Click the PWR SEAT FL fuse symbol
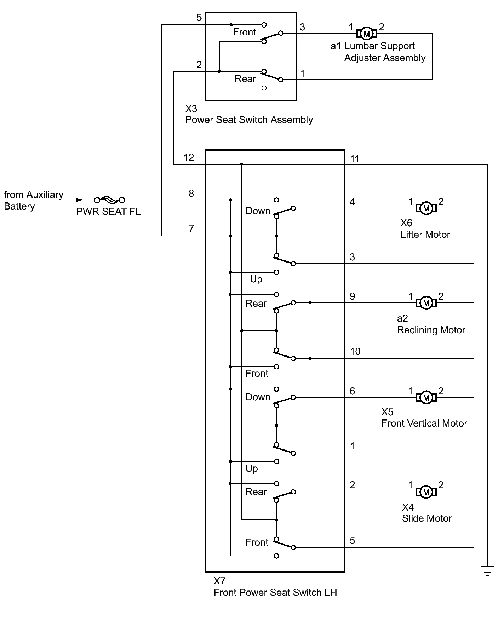(x=109, y=200)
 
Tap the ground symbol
(x=487, y=571)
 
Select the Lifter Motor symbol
(x=426, y=208)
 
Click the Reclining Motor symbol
(x=426, y=303)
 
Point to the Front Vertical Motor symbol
(x=426, y=398)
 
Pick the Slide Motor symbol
(x=426, y=492)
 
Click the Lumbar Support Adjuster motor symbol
(x=367, y=34)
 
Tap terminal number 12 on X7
(x=189, y=158)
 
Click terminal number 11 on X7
(x=355, y=159)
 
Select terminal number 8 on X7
(x=191, y=194)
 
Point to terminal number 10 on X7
(x=355, y=352)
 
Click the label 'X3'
(x=191, y=108)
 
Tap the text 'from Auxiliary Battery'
(x=34, y=200)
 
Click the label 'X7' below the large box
(x=219, y=581)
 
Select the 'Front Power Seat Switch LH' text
(x=275, y=593)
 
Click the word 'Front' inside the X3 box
(x=245, y=32)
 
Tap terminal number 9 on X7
(x=352, y=296)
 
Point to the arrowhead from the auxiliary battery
(x=80, y=200)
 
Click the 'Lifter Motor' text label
(x=425, y=235)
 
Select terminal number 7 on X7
(x=191, y=229)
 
